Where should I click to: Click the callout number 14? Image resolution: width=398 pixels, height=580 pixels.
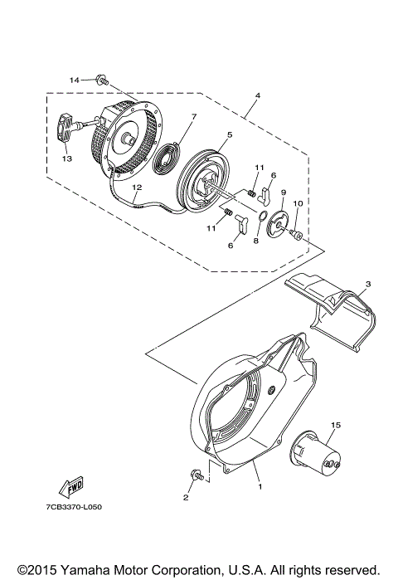[74, 80]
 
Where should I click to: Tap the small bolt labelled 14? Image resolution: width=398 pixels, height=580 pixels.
[102, 80]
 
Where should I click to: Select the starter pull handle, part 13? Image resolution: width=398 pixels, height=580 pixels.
[68, 129]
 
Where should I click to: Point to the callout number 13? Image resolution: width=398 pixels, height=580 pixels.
[68, 158]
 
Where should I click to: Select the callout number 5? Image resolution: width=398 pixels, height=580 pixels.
[230, 135]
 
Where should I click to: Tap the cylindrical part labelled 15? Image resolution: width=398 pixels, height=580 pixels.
[318, 452]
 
